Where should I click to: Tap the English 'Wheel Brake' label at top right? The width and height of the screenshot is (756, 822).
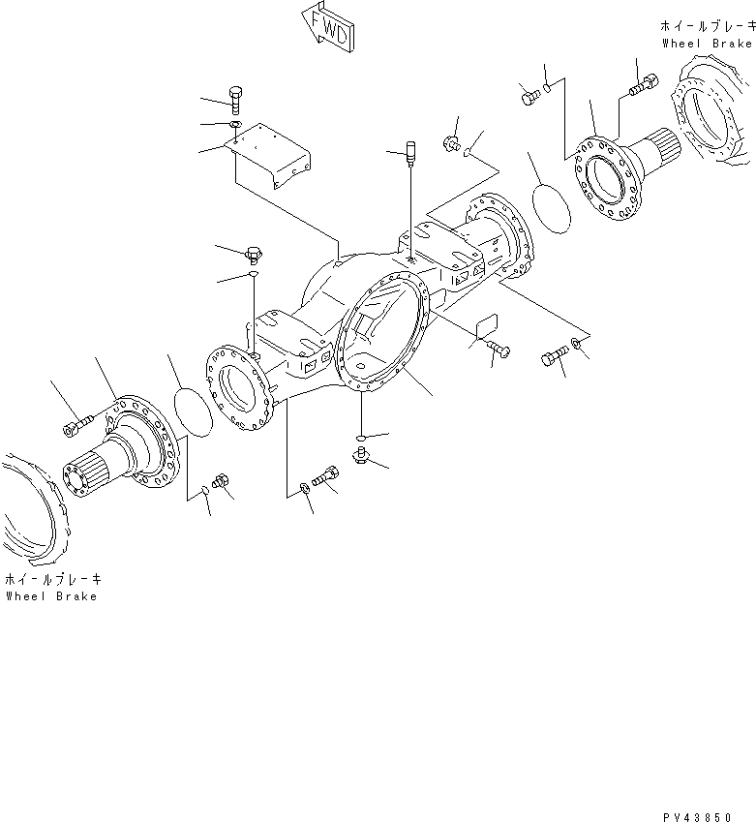(707, 44)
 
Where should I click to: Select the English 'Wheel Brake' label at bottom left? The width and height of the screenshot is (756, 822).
(50, 596)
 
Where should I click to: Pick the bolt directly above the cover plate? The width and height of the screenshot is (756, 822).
(236, 97)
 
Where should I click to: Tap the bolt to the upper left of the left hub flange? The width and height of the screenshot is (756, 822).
(75, 425)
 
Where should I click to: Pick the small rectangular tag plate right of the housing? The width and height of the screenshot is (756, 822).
(485, 328)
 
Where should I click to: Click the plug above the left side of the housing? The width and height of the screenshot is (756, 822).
(253, 256)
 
